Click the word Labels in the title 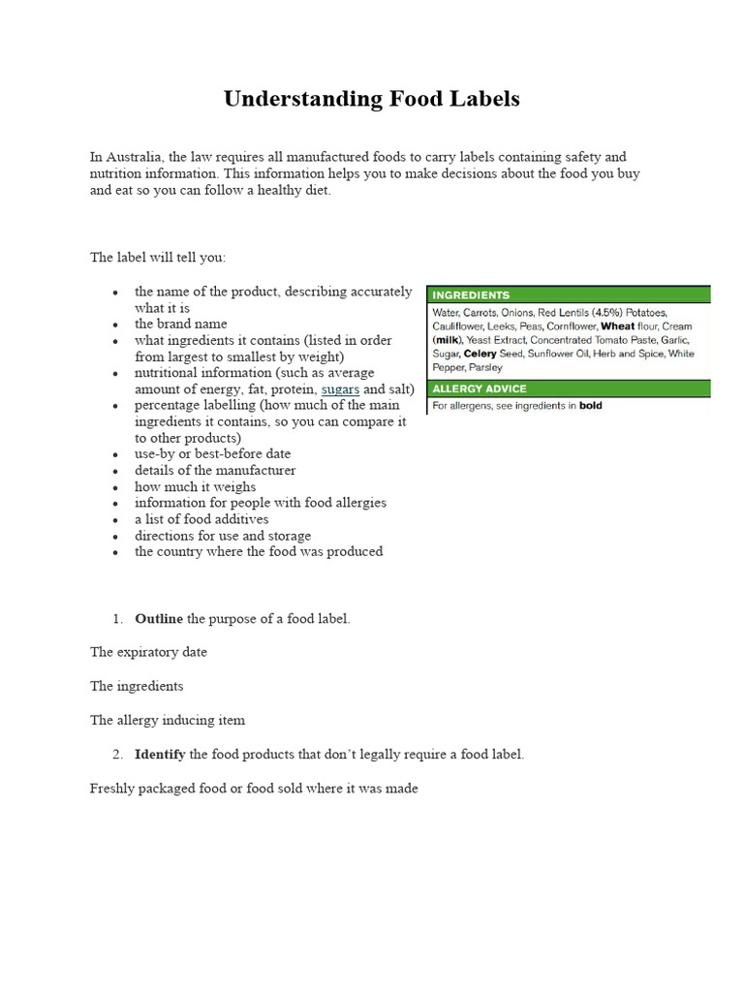coord(487,99)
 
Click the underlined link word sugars coord(340,388)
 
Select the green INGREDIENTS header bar coord(569,294)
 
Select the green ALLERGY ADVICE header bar coord(569,388)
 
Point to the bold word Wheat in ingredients coord(618,326)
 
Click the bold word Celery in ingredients coord(481,355)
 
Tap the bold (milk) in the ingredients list coord(447,340)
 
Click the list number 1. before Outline coord(117,618)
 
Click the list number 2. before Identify coord(117,754)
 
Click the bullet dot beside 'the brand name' coord(115,325)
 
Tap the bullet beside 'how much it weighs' coord(115,487)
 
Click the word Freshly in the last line coord(112,789)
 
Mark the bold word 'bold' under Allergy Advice coord(591,406)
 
